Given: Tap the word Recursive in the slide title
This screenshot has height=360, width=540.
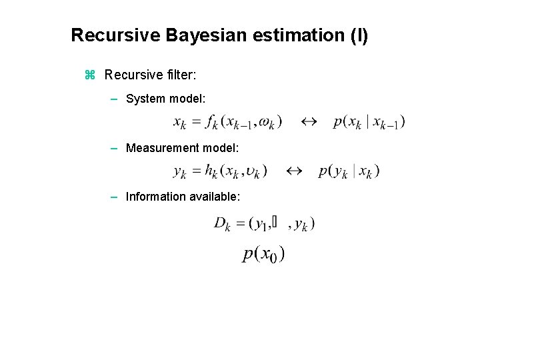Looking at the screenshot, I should (x=114, y=35).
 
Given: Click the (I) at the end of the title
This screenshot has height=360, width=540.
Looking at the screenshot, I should (x=359, y=35).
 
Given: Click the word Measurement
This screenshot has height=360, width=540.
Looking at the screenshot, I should (x=162, y=147).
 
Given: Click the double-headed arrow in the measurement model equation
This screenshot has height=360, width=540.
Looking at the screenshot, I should (x=293, y=171).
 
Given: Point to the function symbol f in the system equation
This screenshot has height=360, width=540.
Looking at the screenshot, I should (x=211, y=122).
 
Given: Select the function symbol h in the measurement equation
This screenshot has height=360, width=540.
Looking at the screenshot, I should (x=211, y=171).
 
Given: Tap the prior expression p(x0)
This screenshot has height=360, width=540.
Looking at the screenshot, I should (x=264, y=254).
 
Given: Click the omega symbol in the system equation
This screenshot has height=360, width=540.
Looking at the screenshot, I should (x=269, y=122).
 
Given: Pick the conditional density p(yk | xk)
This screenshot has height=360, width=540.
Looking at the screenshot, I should (x=349, y=171).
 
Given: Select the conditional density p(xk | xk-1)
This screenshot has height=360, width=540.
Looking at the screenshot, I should (x=369, y=122).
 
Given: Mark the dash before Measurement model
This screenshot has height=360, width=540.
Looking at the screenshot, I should (x=115, y=147).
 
